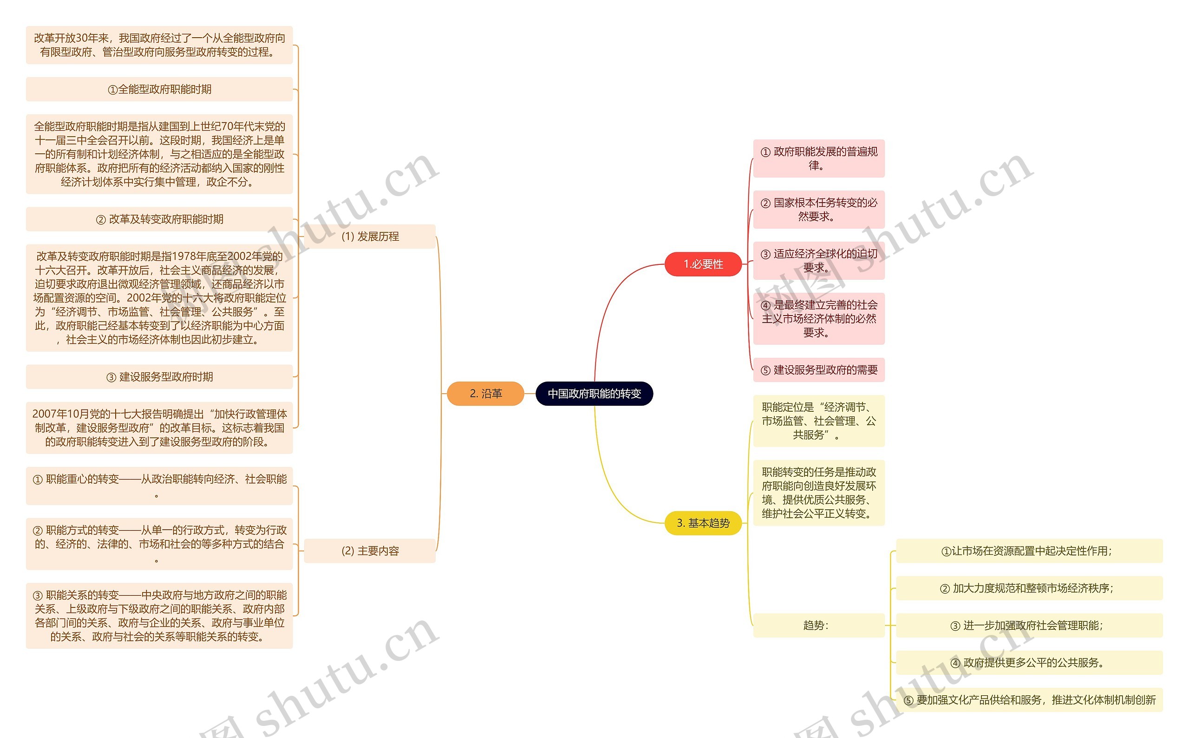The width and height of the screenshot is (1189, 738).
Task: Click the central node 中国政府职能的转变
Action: pyautogui.click(x=594, y=394)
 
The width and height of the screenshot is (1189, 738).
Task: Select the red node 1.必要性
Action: pyautogui.click(x=703, y=264)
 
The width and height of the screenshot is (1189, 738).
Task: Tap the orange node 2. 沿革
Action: pyautogui.click(x=485, y=394)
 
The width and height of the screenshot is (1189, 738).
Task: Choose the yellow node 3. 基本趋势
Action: pyautogui.click(x=703, y=523)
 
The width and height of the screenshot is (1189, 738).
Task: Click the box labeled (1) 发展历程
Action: pyautogui.click(x=370, y=236)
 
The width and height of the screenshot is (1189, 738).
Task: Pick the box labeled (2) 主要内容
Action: pyautogui.click(x=370, y=551)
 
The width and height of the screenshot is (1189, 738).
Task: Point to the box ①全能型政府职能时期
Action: pyautogui.click(x=159, y=89)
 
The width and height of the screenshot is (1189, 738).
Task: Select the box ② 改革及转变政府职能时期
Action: pyautogui.click(x=159, y=219)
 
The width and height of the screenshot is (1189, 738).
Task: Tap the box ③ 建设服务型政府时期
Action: pyautogui.click(x=159, y=377)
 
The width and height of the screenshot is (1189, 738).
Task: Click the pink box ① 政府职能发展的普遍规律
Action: pyautogui.click(x=818, y=158)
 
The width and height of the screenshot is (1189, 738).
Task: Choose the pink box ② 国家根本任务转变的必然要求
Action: pyautogui.click(x=818, y=210)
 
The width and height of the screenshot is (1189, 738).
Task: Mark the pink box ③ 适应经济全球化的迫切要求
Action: pyautogui.click(x=818, y=261)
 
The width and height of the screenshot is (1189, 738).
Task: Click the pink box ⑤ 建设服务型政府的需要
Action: pyautogui.click(x=818, y=370)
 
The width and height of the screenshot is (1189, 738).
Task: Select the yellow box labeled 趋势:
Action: pyautogui.click(x=818, y=625)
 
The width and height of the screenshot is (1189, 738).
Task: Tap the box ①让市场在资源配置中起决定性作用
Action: pyautogui.click(x=1029, y=551)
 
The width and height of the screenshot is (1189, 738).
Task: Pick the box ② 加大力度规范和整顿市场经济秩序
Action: pyautogui.click(x=1029, y=588)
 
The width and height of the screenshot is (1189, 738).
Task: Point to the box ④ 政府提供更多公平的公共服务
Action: pyautogui.click(x=1029, y=662)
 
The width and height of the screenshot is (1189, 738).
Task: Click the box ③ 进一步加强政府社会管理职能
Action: pyautogui.click(x=1029, y=625)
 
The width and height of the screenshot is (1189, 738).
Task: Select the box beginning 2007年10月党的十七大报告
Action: pyautogui.click(x=159, y=428)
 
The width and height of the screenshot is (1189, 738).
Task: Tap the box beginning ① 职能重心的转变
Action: pyautogui.click(x=159, y=486)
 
